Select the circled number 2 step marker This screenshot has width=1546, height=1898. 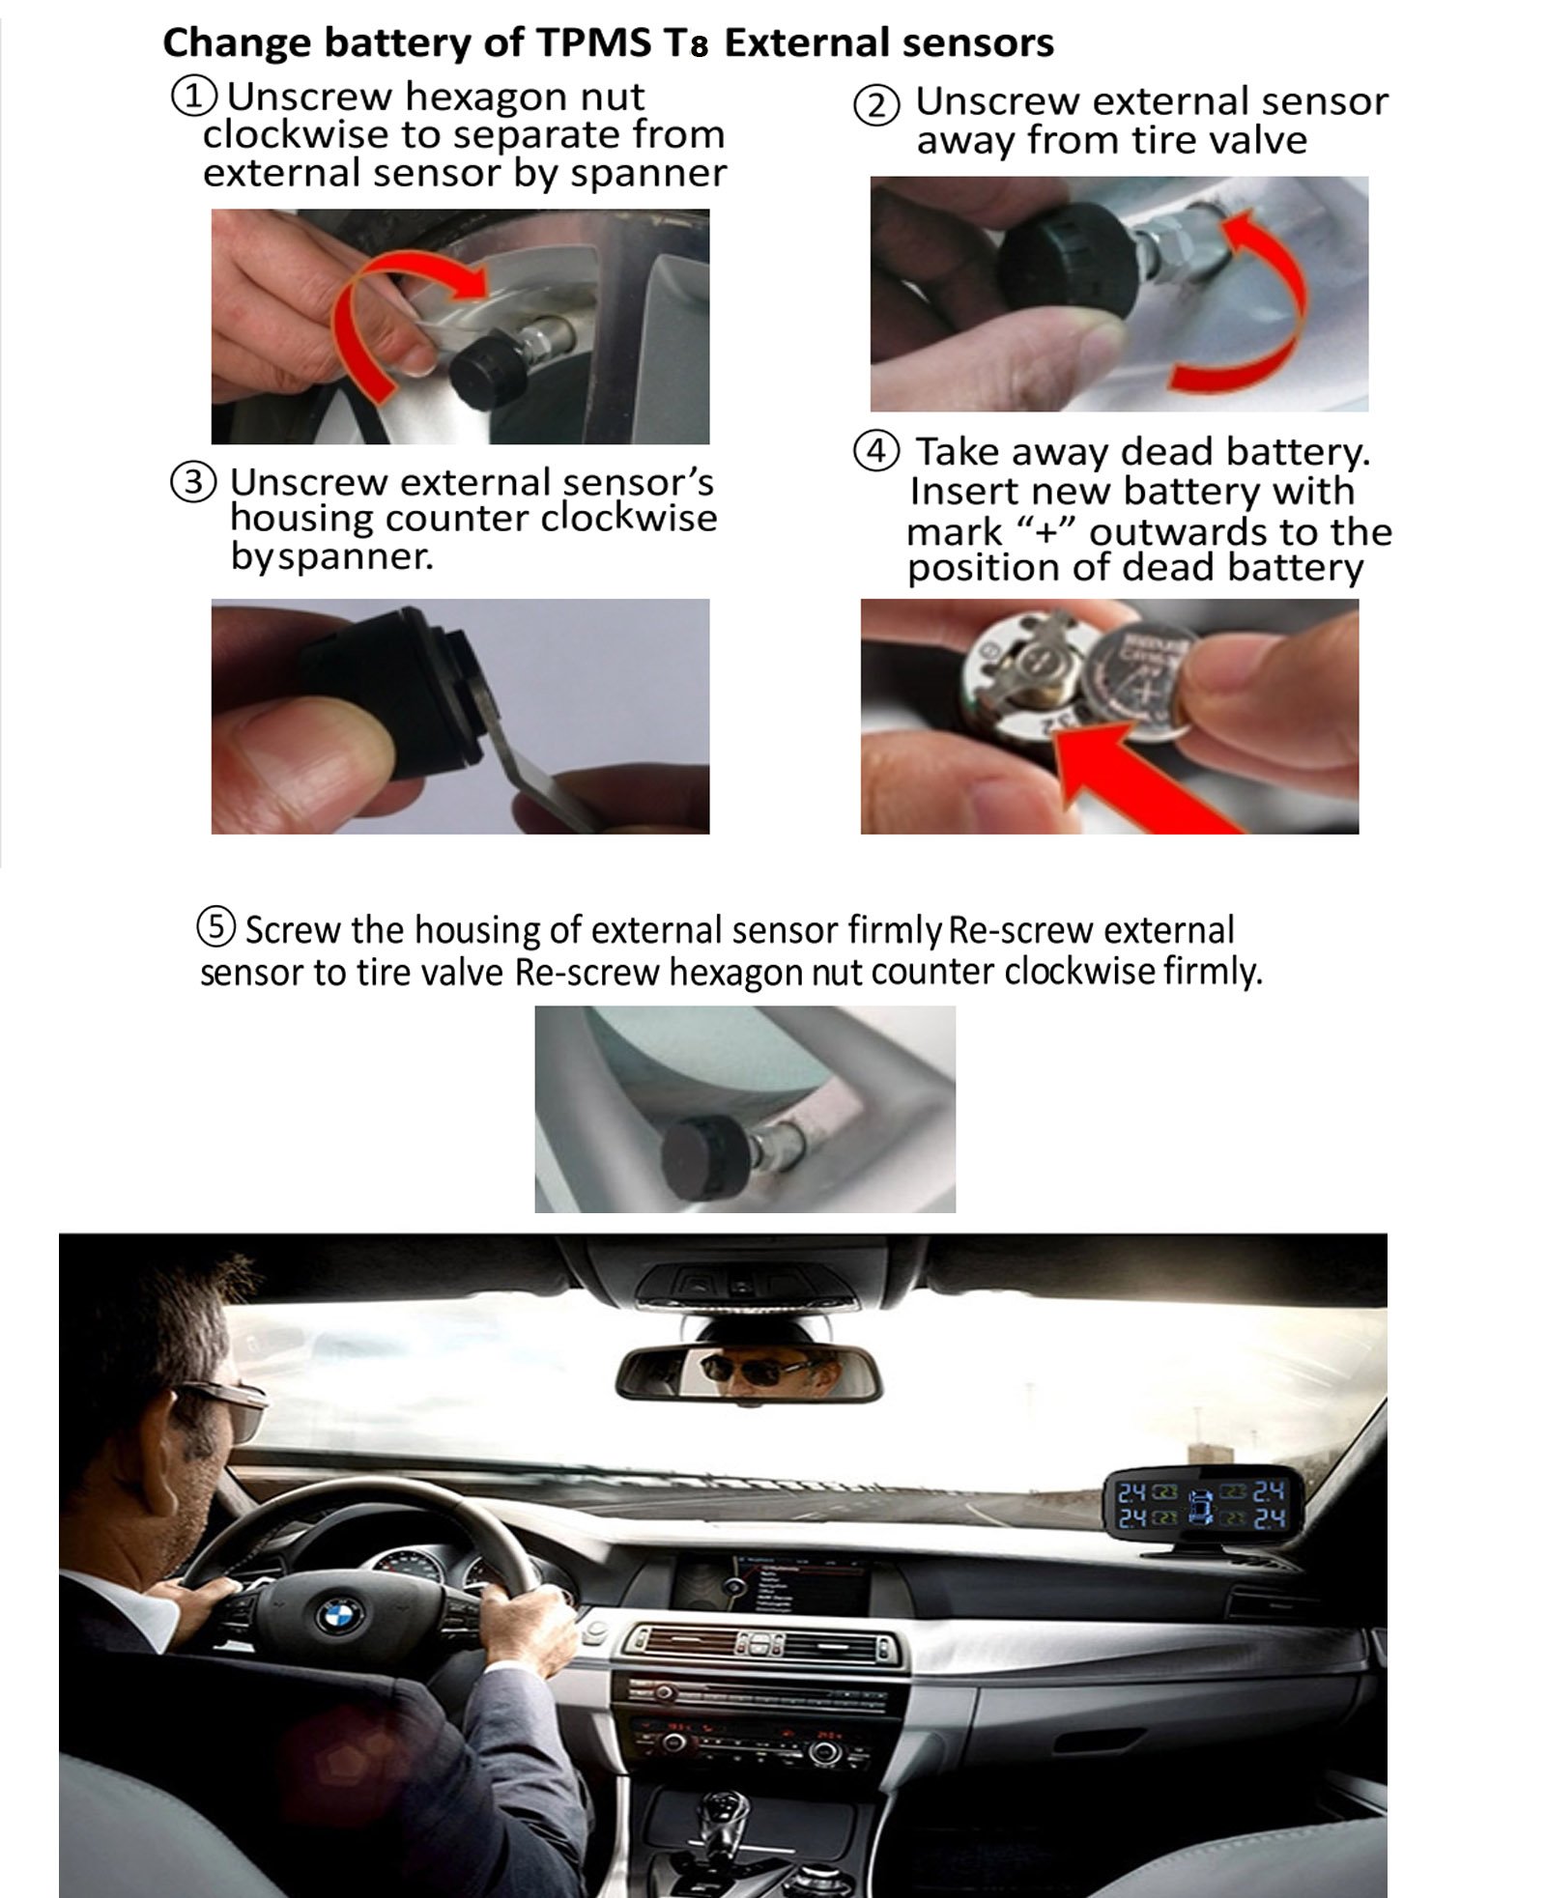[x=876, y=104]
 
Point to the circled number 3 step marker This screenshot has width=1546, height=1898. [x=193, y=481]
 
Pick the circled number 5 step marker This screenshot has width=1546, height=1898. [x=216, y=925]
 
